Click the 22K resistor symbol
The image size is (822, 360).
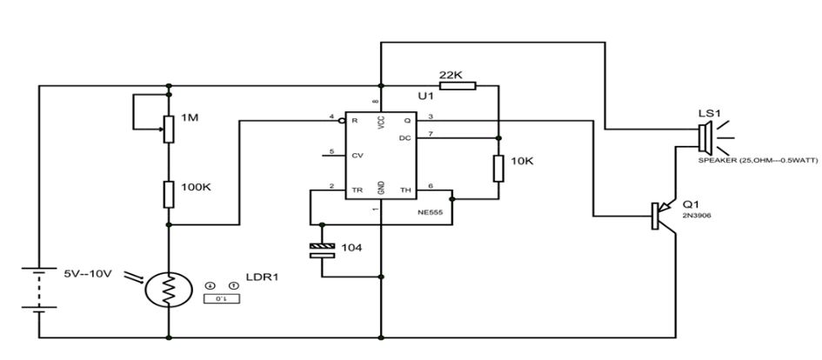pyautogui.click(x=464, y=85)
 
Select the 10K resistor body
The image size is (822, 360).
pyautogui.click(x=498, y=167)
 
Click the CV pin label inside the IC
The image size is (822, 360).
pyautogui.click(x=357, y=156)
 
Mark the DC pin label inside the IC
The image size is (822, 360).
pyautogui.click(x=405, y=137)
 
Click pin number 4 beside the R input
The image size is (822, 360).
pyautogui.click(x=331, y=117)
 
